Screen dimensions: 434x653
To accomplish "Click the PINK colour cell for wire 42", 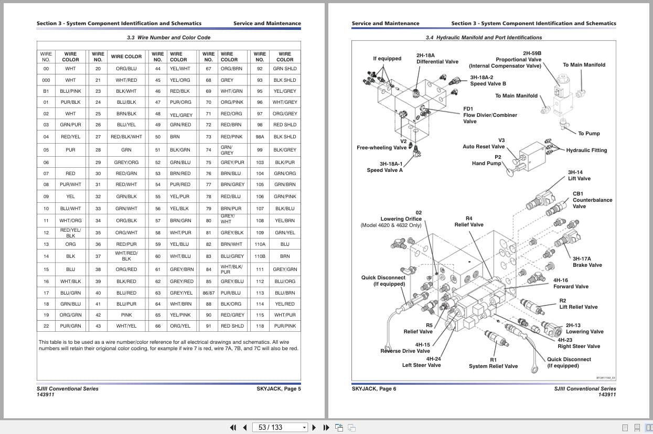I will [126, 315].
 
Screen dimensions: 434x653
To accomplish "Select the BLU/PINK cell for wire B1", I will [70, 91].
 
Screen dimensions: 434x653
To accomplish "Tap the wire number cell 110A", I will [260, 244].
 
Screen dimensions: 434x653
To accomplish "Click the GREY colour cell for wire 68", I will [227, 80].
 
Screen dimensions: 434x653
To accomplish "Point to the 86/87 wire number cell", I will [209, 293].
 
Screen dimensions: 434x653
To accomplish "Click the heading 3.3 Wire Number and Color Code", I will [168, 38].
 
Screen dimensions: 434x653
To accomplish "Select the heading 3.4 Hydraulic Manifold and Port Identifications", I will [484, 38].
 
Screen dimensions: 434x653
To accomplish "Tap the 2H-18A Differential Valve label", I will [437, 58].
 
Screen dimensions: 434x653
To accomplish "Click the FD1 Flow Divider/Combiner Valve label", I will [489, 115].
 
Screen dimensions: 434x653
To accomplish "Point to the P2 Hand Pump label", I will [487, 160].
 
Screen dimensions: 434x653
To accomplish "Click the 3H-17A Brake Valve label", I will [587, 262].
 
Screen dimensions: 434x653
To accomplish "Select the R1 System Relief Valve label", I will [493, 363].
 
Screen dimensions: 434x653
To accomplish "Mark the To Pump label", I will [588, 134].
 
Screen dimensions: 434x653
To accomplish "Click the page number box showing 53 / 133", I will [281, 427].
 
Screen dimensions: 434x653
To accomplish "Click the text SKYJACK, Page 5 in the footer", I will [279, 388].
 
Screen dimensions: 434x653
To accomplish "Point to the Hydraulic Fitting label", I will [586, 150].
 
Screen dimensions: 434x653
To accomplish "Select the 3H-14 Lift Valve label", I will [579, 175].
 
